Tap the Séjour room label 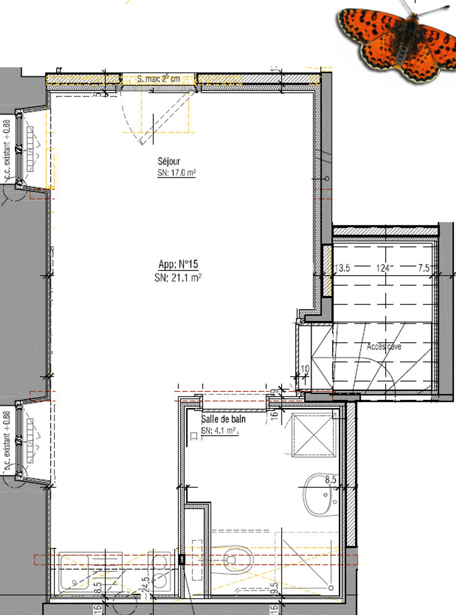coord(169,161)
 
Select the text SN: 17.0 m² coord(177,173)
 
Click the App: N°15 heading coord(178,264)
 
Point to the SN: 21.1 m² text coord(178,278)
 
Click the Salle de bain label coord(223,419)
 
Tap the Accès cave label coord(384,347)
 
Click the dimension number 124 coord(383,268)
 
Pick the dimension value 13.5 coord(342,268)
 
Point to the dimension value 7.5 coord(423,268)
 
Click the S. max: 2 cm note coord(158,79)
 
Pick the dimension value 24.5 coord(145,587)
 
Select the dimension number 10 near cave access coord(305,369)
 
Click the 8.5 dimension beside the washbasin coord(330,480)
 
